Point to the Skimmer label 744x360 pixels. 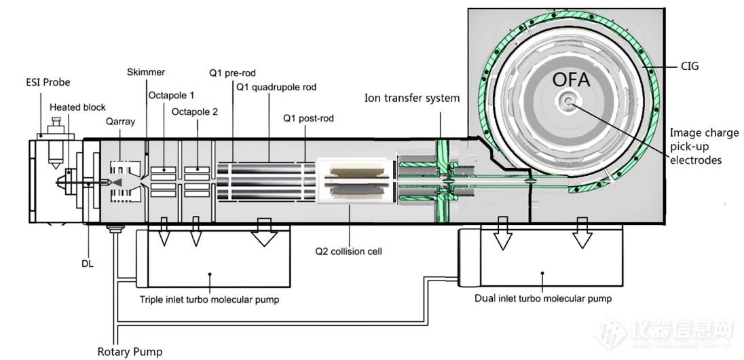click(x=146, y=72)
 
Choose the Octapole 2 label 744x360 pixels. click(x=195, y=112)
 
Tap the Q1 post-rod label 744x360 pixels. click(x=309, y=118)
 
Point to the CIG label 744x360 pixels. click(x=690, y=67)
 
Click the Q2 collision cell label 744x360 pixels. click(x=348, y=251)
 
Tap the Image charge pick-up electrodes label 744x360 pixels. click(x=704, y=146)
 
